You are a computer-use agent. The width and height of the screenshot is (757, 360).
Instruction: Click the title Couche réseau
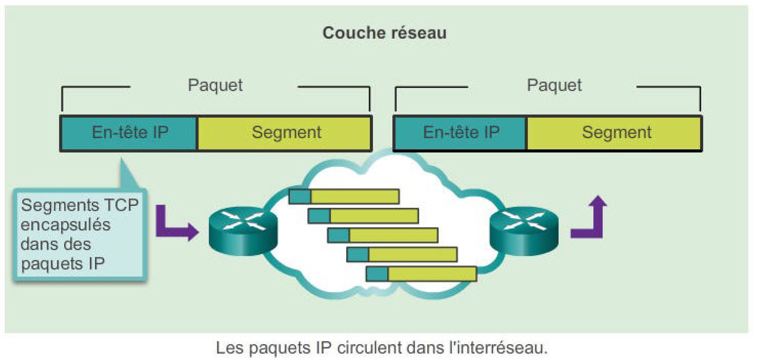[384, 33]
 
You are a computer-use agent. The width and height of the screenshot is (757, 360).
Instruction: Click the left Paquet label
[215, 85]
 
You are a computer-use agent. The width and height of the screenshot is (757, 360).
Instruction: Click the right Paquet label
[554, 85]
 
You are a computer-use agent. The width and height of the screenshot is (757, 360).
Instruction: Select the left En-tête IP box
[129, 132]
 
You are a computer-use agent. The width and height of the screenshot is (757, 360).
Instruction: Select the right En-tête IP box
[461, 132]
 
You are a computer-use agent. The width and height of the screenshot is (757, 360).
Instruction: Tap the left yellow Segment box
[286, 132]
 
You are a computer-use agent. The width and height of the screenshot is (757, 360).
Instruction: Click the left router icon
[243, 230]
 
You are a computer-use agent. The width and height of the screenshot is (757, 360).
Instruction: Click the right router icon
[524, 230]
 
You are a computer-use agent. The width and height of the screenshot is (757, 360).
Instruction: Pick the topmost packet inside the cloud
[344, 196]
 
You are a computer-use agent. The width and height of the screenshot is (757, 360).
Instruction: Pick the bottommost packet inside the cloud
[421, 274]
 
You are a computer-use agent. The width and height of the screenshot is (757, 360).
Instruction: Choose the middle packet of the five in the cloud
[382, 235]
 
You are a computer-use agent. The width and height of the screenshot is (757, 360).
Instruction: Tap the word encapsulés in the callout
[66, 225]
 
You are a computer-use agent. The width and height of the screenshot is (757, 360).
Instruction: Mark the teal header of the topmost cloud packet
[300, 196]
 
